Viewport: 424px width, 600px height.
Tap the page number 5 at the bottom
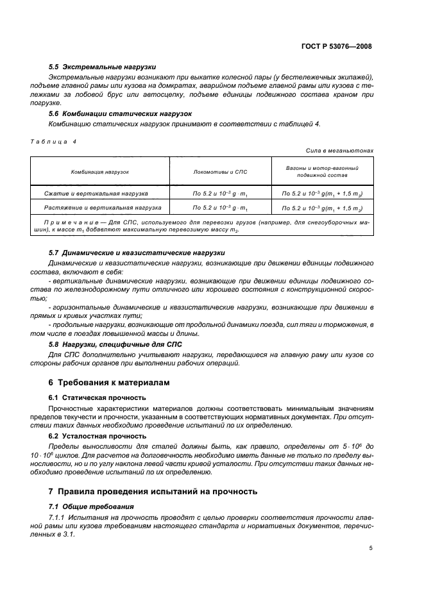[x=371, y=548]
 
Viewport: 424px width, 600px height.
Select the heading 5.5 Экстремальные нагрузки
[x=102, y=67]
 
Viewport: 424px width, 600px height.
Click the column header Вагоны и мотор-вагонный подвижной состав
[x=321, y=171]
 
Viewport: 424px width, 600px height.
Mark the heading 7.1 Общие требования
[x=87, y=506]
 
